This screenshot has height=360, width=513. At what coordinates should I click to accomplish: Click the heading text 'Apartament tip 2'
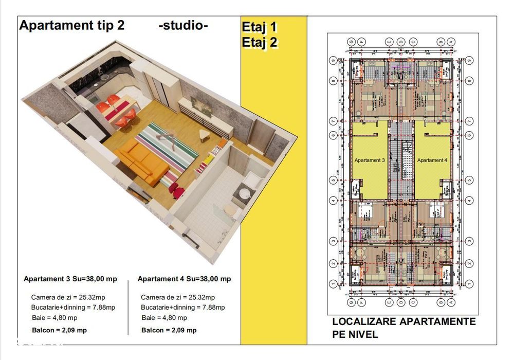(x=71, y=26)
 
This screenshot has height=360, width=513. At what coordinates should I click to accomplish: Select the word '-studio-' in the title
(x=184, y=26)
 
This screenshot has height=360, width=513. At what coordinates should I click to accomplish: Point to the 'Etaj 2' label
(x=260, y=43)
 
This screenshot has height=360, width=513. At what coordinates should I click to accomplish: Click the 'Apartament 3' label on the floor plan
(x=370, y=160)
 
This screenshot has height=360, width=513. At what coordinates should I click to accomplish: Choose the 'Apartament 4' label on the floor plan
(x=432, y=160)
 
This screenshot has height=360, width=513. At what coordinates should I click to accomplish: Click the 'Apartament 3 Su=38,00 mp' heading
(x=70, y=279)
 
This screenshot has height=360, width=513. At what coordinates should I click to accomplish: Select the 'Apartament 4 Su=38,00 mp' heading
(x=184, y=279)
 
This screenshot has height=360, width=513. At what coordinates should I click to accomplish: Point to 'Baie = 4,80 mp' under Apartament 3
(x=54, y=317)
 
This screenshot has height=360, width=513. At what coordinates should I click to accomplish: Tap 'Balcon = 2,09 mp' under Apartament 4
(x=169, y=330)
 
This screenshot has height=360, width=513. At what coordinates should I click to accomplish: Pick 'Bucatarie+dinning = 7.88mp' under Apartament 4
(x=182, y=307)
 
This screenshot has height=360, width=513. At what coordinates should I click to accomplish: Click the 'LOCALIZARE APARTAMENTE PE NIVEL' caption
(x=404, y=328)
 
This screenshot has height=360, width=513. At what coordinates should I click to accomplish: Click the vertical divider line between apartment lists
(x=128, y=309)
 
